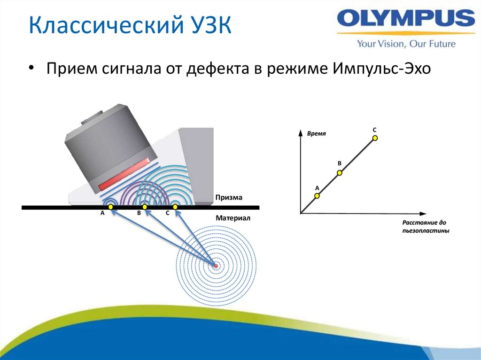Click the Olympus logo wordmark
pyautogui.click(x=406, y=19)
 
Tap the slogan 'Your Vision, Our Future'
pyautogui.click(x=406, y=44)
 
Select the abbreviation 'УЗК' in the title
pyautogui.click(x=209, y=25)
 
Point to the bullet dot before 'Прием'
pyautogui.click(x=31, y=69)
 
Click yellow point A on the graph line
pyautogui.click(x=317, y=196)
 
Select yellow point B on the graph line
pyautogui.click(x=340, y=173)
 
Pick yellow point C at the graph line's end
pyautogui.click(x=375, y=138)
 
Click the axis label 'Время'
pyautogui.click(x=316, y=134)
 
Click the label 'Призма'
pyautogui.click(x=229, y=198)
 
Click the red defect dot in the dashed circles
pyautogui.click(x=216, y=266)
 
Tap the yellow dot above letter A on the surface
pyautogui.click(x=110, y=207)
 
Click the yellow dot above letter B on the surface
pyautogui.click(x=145, y=207)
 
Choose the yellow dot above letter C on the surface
pyautogui.click(x=175, y=207)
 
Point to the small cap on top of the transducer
pyautogui.click(x=93, y=117)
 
